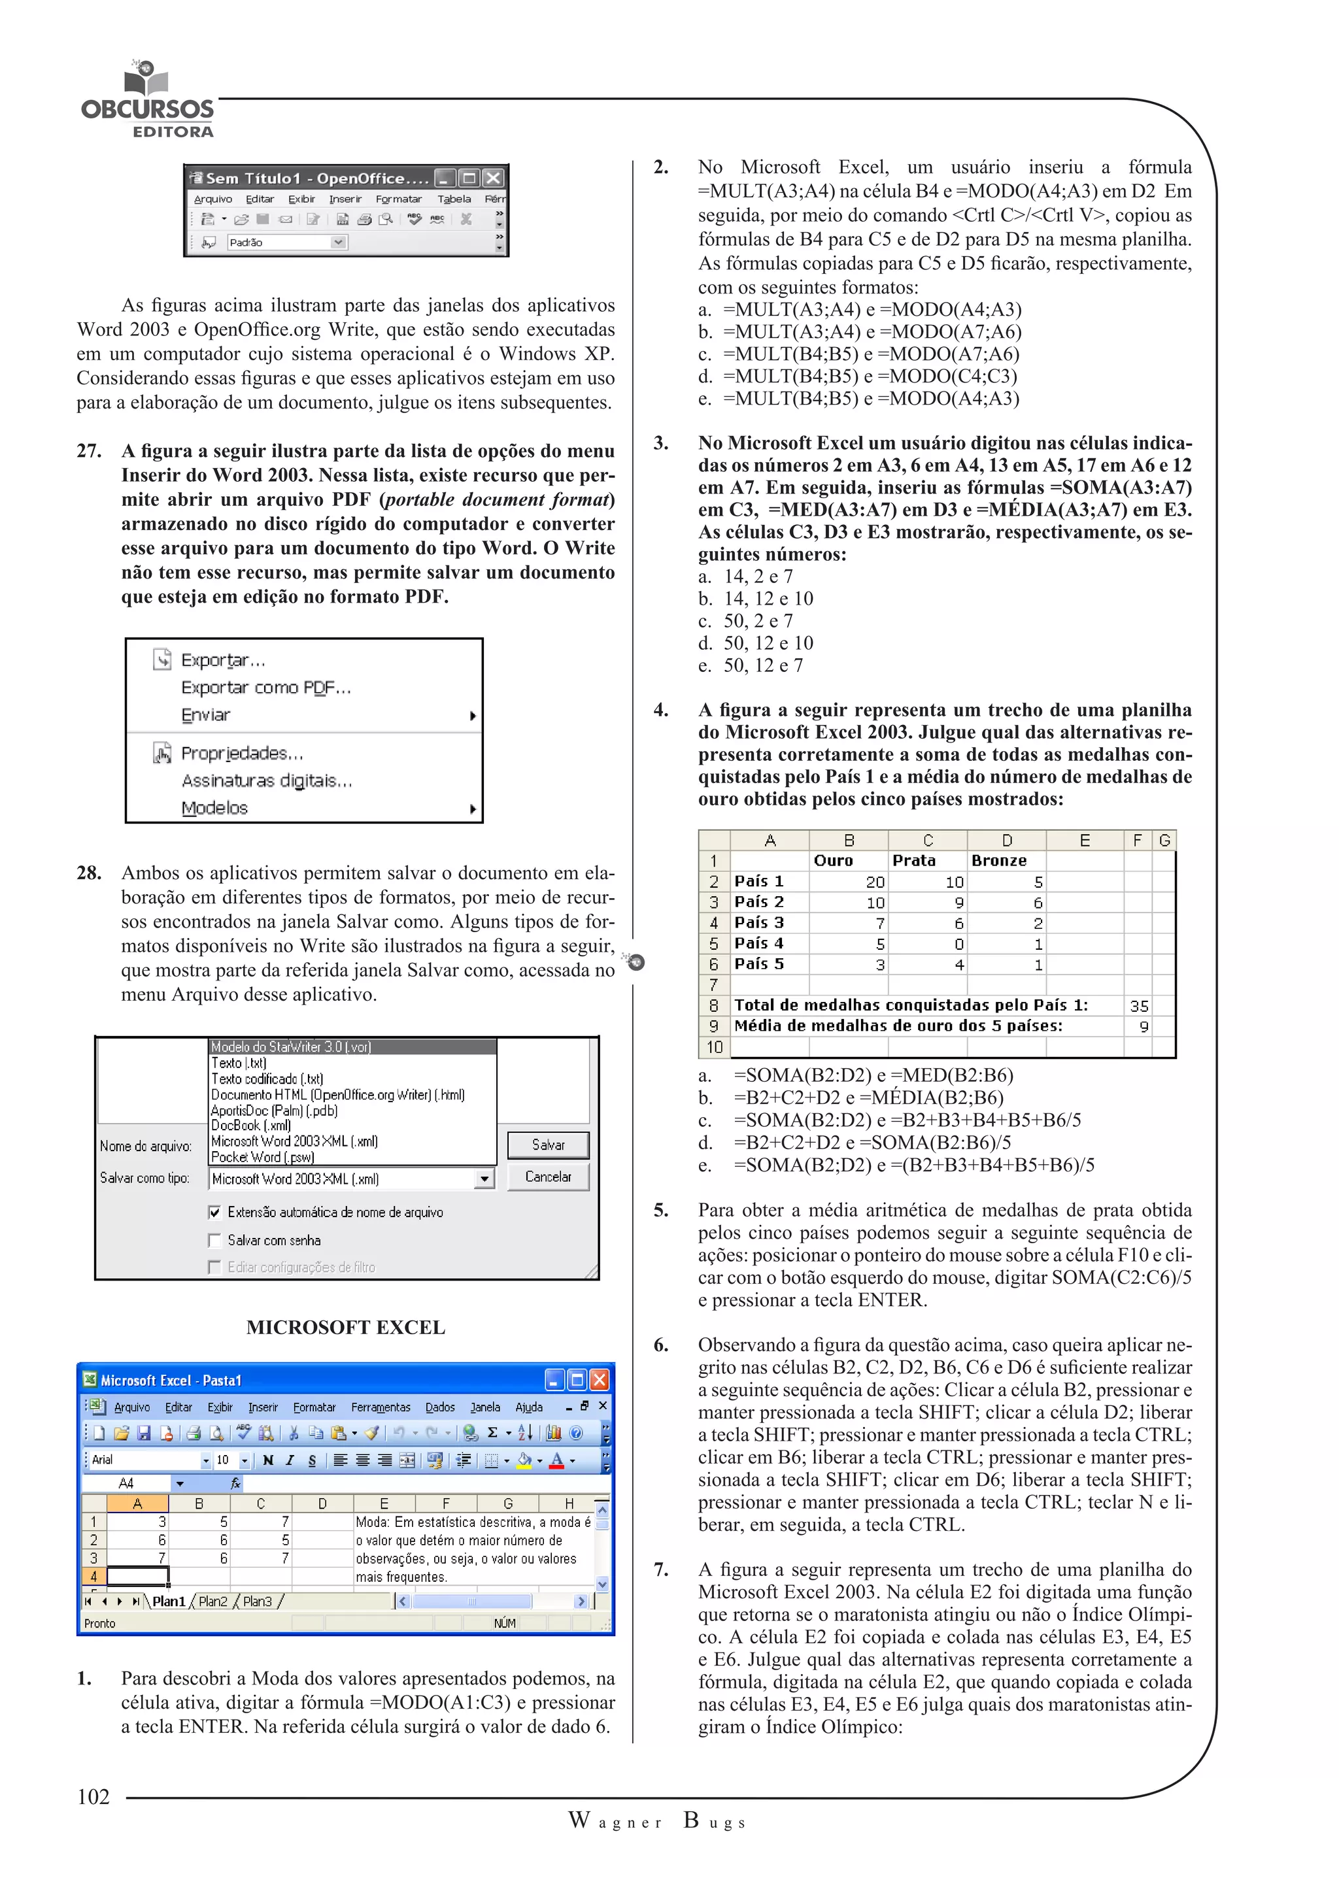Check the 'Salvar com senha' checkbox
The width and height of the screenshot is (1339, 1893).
click(x=215, y=1240)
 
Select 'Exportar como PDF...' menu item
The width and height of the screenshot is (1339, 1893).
click(x=265, y=688)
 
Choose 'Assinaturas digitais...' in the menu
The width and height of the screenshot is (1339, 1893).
click(x=266, y=780)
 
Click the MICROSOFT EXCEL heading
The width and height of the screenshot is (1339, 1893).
click(x=345, y=1328)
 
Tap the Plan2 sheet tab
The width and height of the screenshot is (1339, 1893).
click(x=212, y=1601)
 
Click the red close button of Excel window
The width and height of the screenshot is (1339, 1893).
click(x=600, y=1379)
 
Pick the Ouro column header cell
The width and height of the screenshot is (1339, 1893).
click(x=834, y=861)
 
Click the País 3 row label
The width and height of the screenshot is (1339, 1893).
click(x=758, y=922)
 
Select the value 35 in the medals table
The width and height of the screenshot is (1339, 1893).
click(x=1139, y=1006)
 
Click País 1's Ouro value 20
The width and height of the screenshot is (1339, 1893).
click(x=875, y=882)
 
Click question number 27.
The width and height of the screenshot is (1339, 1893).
click(x=89, y=451)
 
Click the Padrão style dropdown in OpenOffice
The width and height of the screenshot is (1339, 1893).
click(x=286, y=243)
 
